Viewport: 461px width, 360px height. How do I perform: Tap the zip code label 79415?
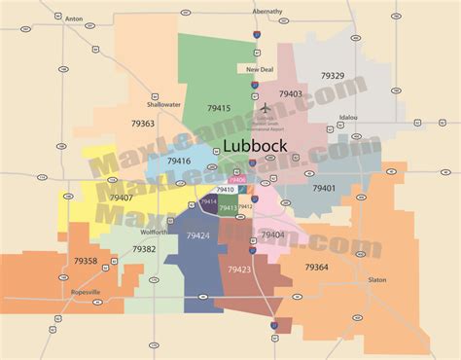point(219,109)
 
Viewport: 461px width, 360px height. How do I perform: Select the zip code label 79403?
point(290,94)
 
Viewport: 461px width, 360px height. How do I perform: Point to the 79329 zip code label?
point(333,75)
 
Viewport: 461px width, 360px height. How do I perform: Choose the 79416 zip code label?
point(179,162)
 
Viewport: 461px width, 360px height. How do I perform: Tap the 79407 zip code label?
point(122,198)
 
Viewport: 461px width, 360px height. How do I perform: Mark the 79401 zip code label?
point(324,188)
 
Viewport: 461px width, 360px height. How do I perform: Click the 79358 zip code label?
point(86,261)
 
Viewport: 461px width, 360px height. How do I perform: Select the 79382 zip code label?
point(144,249)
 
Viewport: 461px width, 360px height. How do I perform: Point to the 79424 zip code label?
point(197,235)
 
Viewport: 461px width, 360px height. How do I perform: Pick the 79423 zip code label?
point(239,270)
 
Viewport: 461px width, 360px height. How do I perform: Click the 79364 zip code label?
point(316,267)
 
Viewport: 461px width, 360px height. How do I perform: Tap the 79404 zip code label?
point(272,234)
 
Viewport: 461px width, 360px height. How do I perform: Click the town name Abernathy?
point(266,11)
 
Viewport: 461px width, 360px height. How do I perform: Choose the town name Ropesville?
point(86,292)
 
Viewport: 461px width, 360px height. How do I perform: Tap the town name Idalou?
point(348,117)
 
